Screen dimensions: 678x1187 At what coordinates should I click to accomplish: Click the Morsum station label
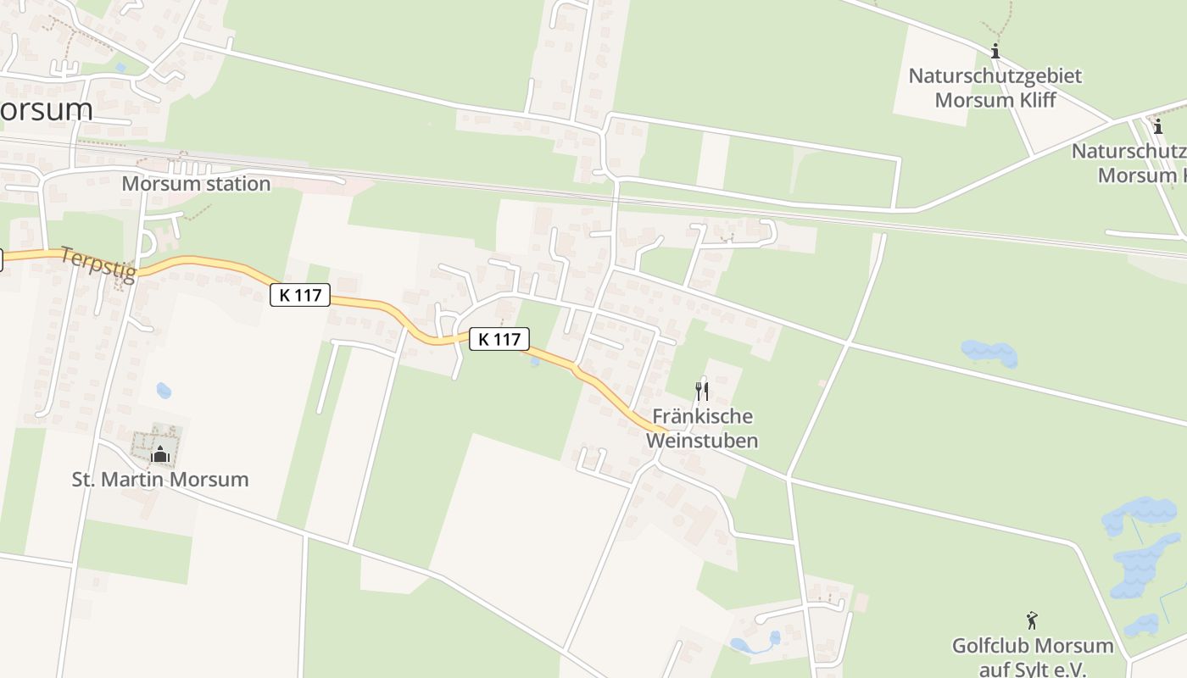tap(196, 183)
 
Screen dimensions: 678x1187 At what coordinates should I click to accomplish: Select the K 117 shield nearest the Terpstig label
tap(299, 295)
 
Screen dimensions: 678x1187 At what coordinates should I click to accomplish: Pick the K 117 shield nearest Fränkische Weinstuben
tap(499, 339)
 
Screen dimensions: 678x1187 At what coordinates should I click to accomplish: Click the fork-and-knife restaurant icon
tap(701, 391)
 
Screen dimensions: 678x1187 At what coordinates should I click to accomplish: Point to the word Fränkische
tap(702, 417)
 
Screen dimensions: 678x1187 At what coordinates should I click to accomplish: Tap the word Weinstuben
tap(702, 441)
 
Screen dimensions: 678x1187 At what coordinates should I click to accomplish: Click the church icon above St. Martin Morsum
tap(159, 455)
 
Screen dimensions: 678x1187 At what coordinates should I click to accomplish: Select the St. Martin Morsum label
tap(160, 479)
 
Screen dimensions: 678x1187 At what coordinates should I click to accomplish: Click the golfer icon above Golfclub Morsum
tap(1032, 620)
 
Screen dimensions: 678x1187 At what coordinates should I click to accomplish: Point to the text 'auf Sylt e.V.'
tap(1033, 670)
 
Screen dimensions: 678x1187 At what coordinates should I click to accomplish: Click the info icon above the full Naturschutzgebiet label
tap(995, 52)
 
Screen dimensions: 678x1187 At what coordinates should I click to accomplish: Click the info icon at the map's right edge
tap(1158, 127)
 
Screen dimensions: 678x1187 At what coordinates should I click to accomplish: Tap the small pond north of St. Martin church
tap(164, 391)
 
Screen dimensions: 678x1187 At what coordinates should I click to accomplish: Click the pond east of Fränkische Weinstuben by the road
tap(989, 353)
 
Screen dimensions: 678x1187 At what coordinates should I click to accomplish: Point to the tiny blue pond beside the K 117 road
tap(533, 361)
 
